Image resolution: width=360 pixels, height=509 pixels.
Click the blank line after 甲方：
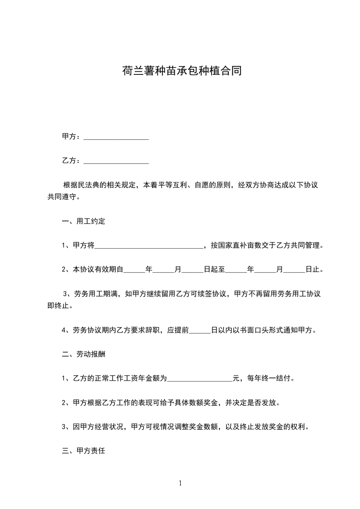116,137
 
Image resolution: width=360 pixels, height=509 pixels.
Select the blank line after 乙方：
116,161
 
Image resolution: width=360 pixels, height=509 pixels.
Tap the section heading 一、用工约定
84,221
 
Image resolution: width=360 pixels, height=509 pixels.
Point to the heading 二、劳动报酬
84,354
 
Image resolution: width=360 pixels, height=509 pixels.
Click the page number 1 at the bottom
180,483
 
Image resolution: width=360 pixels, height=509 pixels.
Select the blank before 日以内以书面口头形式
200,330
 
